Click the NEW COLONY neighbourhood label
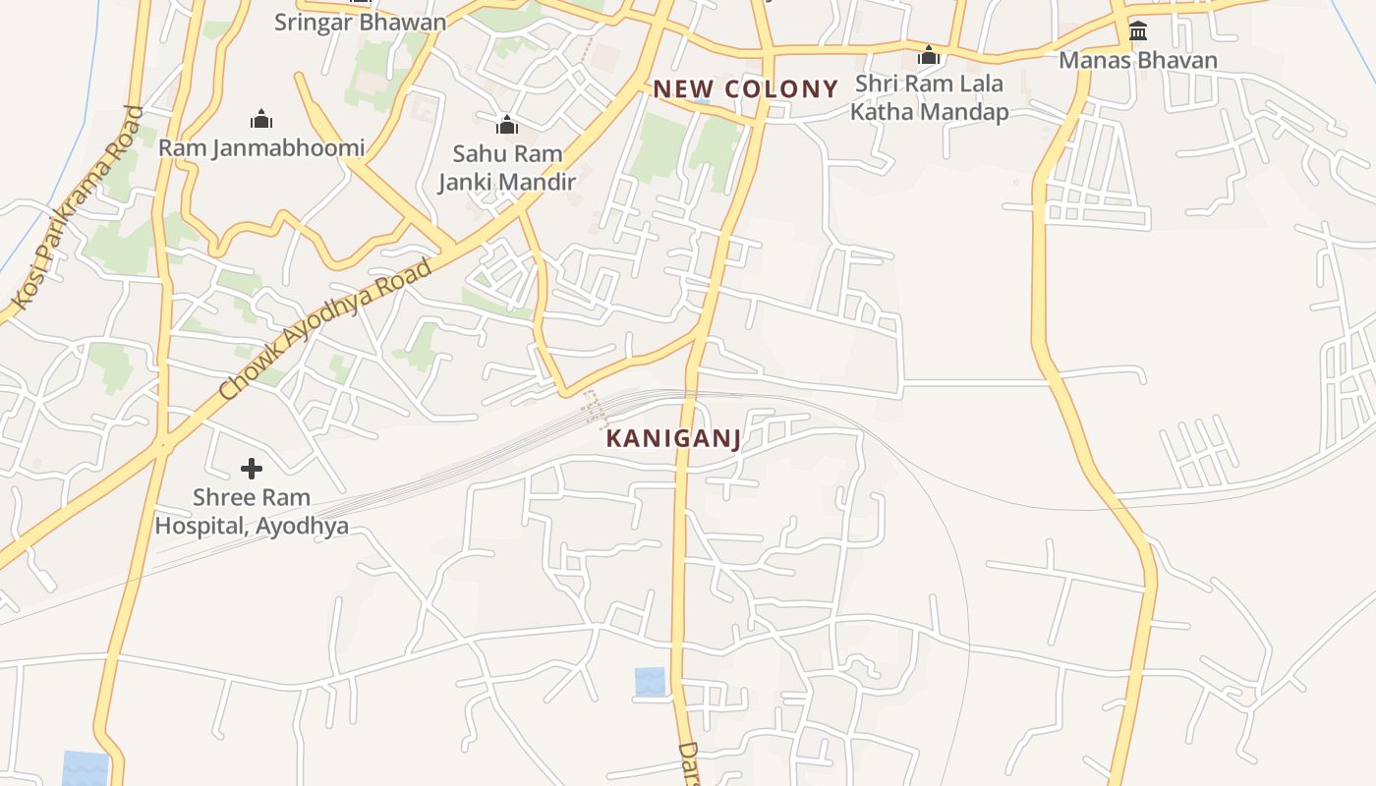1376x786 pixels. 745,89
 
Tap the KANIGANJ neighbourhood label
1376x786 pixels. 673,439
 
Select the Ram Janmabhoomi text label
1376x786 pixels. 261,148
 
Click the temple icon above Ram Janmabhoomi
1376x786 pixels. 261,120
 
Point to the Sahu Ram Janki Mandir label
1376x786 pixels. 507,167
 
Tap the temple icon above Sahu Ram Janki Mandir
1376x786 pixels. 507,125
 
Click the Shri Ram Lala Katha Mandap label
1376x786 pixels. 929,97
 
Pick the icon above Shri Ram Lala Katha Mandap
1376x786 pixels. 929,55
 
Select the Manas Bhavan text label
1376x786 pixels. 1138,61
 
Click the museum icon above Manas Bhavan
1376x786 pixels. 1138,31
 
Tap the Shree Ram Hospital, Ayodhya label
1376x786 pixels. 252,511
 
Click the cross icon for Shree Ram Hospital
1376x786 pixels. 252,469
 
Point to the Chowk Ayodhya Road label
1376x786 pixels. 325,329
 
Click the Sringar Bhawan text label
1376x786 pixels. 360,22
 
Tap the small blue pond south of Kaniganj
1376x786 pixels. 650,681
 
